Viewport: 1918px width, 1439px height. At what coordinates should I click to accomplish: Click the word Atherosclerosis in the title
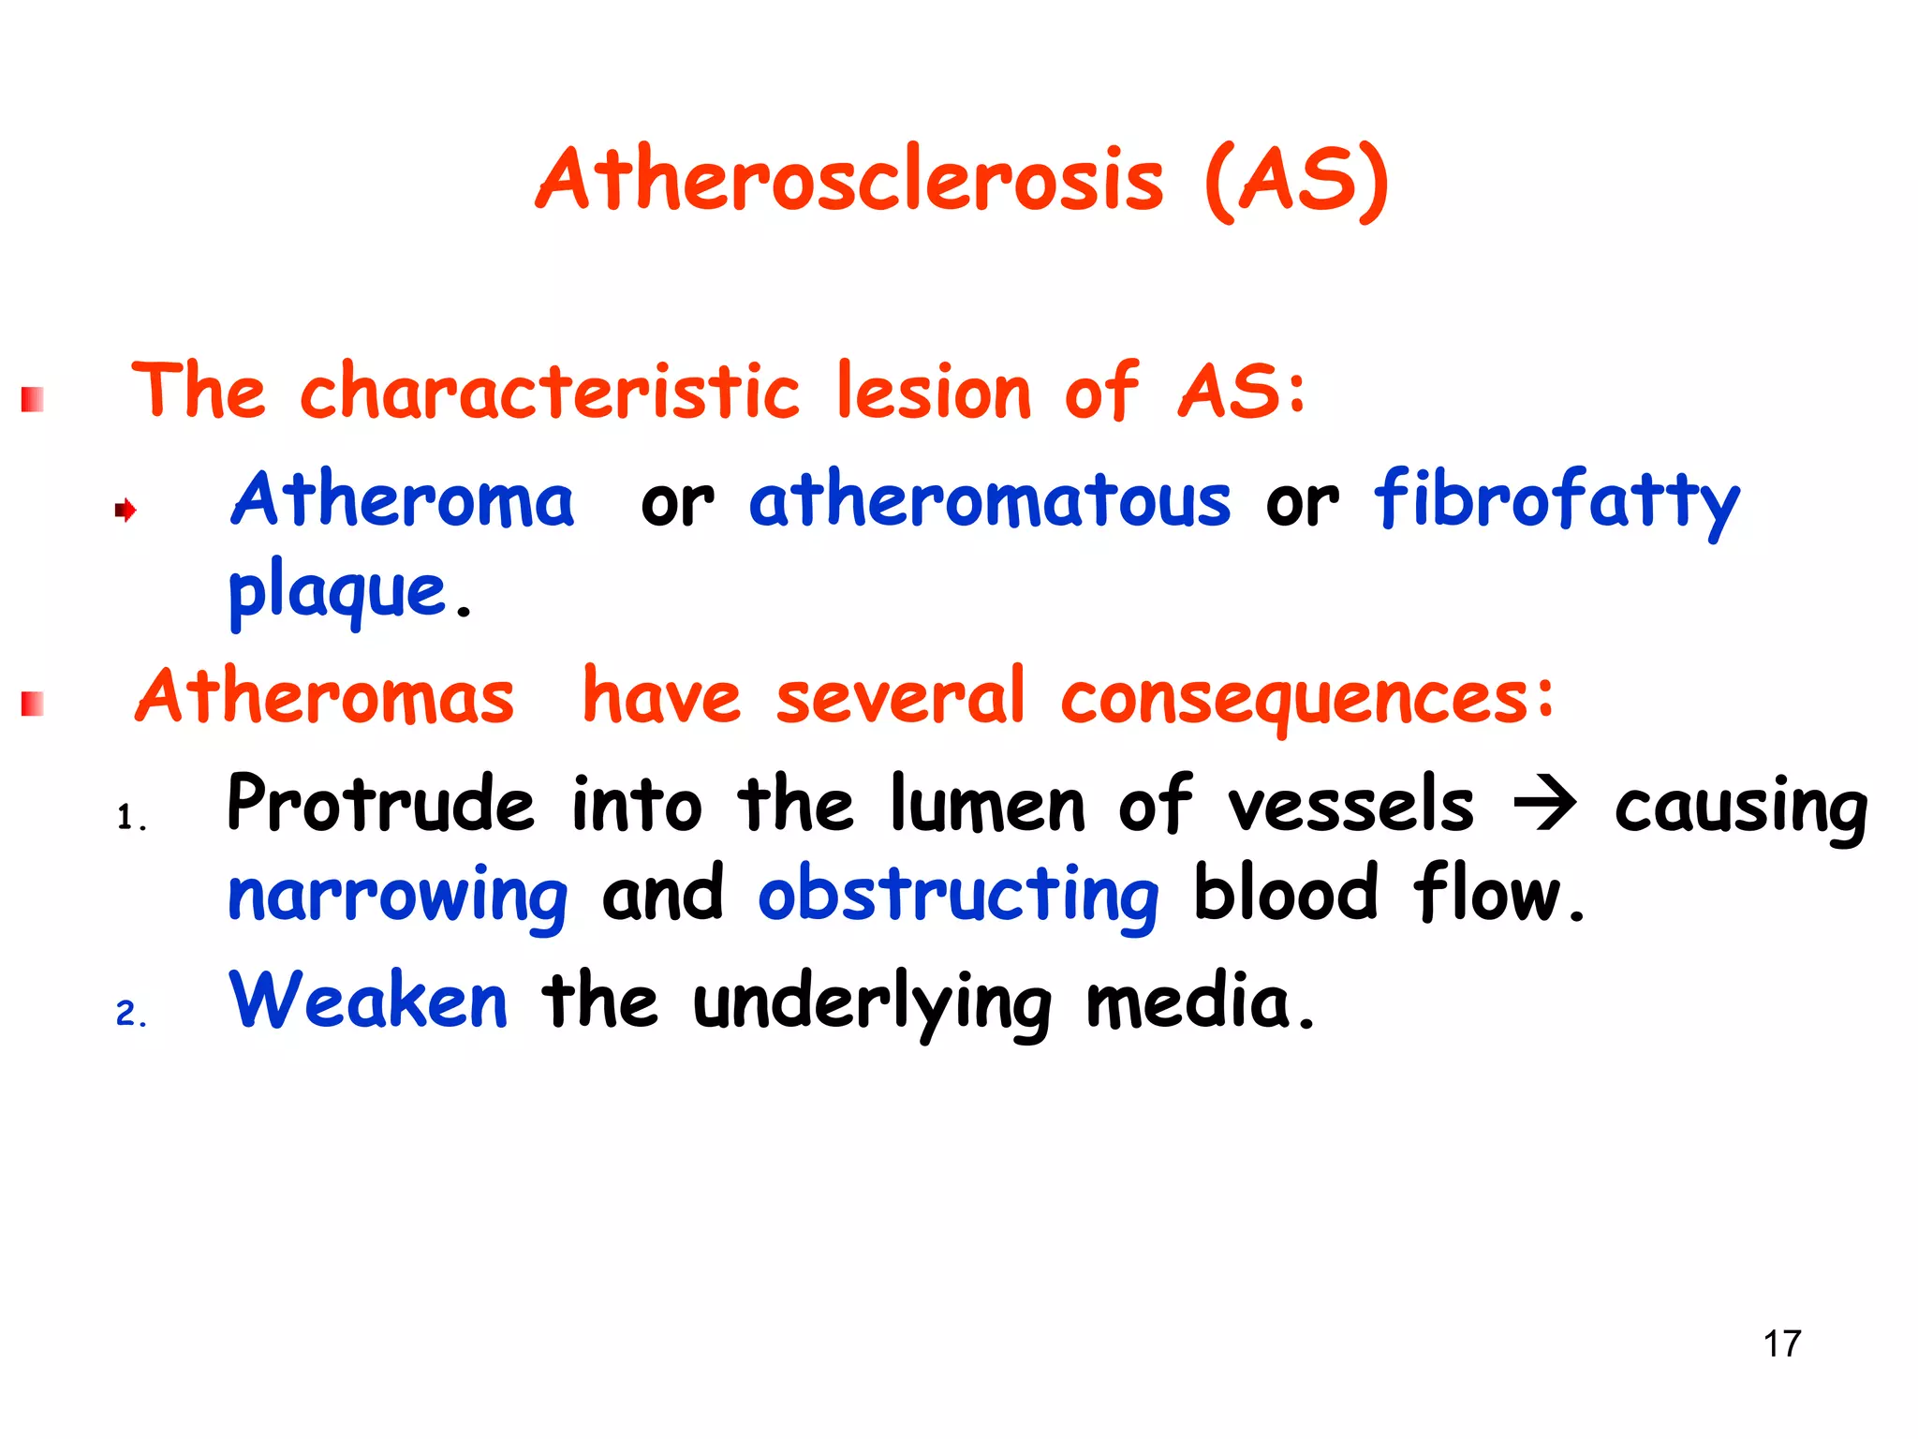pyautogui.click(x=850, y=180)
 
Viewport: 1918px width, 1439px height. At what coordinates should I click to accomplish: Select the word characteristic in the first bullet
pyautogui.click(x=550, y=392)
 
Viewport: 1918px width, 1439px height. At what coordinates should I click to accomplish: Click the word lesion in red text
pyautogui.click(x=933, y=392)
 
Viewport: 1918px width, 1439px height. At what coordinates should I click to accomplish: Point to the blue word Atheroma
pyautogui.click(x=403, y=500)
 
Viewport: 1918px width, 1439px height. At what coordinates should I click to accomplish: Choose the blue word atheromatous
pyautogui.click(x=989, y=500)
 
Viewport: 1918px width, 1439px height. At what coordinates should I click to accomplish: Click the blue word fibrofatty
pyautogui.click(x=1556, y=502)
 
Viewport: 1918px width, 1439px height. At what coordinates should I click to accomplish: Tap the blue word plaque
pyautogui.click(x=337, y=592)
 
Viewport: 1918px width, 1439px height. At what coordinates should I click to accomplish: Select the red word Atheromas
pyautogui.click(x=325, y=697)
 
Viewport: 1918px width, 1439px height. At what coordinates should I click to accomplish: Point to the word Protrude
pyautogui.click(x=380, y=804)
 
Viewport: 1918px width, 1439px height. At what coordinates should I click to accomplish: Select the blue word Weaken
pyautogui.click(x=368, y=1001)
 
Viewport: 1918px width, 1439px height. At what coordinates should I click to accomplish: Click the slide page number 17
pyautogui.click(x=1781, y=1343)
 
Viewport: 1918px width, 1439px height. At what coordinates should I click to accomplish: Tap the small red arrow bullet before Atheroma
pyautogui.click(x=125, y=511)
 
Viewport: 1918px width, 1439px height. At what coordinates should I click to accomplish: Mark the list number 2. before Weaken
pyautogui.click(x=131, y=1014)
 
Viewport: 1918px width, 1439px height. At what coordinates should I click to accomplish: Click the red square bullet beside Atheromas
pyautogui.click(x=33, y=704)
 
